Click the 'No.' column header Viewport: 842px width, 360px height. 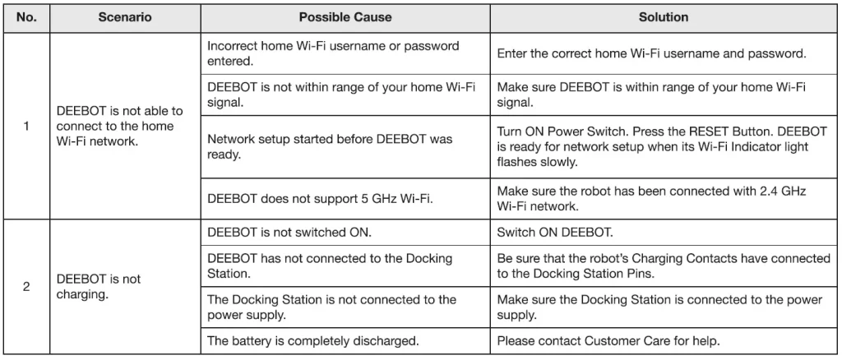click(26, 17)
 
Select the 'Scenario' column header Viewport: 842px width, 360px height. click(125, 17)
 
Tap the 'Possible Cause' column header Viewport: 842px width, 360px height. click(345, 17)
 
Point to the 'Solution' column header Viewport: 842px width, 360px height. click(664, 17)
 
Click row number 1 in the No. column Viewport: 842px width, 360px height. click(26, 126)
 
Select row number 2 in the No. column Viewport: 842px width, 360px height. click(26, 287)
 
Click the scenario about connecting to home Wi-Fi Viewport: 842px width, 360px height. click(120, 126)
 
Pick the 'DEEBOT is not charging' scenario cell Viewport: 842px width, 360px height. click(99, 287)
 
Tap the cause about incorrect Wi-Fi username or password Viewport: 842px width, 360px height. click(333, 53)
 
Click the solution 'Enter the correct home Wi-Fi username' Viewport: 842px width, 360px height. click(651, 53)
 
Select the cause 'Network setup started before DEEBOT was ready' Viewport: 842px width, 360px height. click(330, 146)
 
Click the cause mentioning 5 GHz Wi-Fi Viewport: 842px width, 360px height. click(320, 198)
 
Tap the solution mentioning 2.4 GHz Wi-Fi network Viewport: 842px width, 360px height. click(651, 198)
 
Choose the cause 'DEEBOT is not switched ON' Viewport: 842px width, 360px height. click(289, 233)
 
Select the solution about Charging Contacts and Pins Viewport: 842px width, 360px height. click(664, 266)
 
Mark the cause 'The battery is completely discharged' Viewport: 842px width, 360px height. click(313, 340)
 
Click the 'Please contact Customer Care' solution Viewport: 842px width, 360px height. click(608, 340)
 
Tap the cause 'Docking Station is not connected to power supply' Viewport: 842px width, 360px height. click(331, 307)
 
